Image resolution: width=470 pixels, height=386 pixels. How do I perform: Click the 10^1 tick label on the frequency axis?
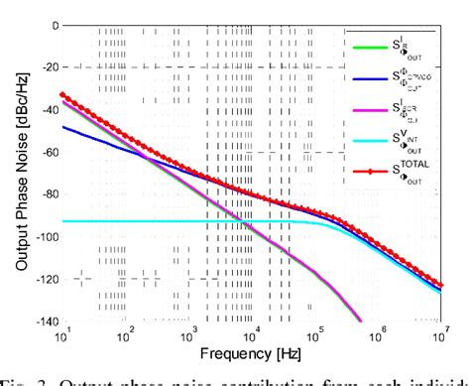tap(63, 337)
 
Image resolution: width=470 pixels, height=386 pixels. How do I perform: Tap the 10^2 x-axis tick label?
tap(126, 337)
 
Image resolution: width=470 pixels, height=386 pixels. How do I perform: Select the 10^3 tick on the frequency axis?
tap(189, 337)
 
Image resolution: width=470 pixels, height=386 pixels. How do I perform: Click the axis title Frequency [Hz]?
tap(253, 355)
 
